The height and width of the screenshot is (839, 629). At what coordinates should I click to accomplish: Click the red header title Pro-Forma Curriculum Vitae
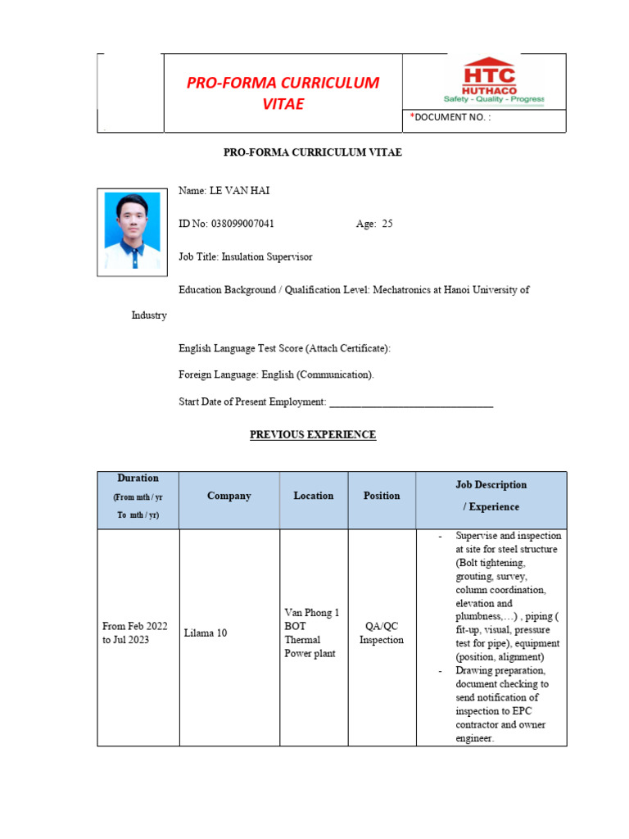coord(283,93)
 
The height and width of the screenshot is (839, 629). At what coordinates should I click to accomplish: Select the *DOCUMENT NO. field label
coord(450,118)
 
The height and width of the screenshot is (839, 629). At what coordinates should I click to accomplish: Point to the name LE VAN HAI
coord(239,191)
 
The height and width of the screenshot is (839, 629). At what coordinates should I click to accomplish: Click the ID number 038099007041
coord(242,224)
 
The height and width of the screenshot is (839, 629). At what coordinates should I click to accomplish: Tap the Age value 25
coord(387,224)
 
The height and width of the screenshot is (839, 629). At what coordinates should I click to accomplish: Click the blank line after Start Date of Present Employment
coord(410,402)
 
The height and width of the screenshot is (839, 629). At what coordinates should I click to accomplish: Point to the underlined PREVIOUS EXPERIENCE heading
coord(313,435)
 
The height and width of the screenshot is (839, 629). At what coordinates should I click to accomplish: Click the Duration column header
coord(138,497)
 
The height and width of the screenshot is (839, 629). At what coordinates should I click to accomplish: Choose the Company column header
coord(229,497)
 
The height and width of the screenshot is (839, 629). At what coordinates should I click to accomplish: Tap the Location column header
coord(314,497)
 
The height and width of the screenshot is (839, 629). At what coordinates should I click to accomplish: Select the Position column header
coord(382,497)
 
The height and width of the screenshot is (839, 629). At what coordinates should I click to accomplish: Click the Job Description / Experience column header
coord(491,496)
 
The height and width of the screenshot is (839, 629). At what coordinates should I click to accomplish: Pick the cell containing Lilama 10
coord(206,633)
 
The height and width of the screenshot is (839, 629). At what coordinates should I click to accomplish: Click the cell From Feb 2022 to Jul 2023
coord(135,633)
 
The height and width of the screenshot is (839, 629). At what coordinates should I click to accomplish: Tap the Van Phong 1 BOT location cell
coord(311,633)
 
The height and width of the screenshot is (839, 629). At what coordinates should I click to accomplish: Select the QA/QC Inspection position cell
coord(382,633)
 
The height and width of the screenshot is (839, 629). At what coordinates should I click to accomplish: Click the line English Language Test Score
coord(285,348)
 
